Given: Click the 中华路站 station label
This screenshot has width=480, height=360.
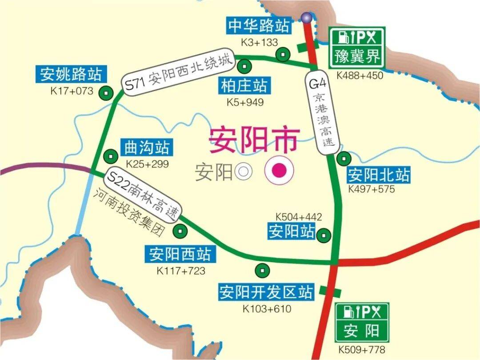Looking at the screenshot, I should [x=259, y=26].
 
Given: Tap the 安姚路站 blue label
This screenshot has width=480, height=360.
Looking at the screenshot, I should [x=71, y=74].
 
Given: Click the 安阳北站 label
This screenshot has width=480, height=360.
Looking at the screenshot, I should [x=378, y=175].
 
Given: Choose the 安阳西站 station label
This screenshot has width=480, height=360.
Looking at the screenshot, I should [x=180, y=255].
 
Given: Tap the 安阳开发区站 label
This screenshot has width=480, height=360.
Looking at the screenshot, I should [x=266, y=292].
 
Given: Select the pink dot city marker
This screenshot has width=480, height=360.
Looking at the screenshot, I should [x=279, y=170].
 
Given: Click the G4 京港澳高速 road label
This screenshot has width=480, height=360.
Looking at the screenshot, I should [x=323, y=115].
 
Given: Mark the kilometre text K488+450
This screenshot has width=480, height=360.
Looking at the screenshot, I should [x=360, y=76].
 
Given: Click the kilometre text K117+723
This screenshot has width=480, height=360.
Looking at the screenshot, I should [x=180, y=270].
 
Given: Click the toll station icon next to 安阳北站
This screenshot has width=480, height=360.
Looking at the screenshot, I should [x=344, y=158].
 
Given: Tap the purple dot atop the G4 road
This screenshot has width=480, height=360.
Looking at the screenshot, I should [x=306, y=17].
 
